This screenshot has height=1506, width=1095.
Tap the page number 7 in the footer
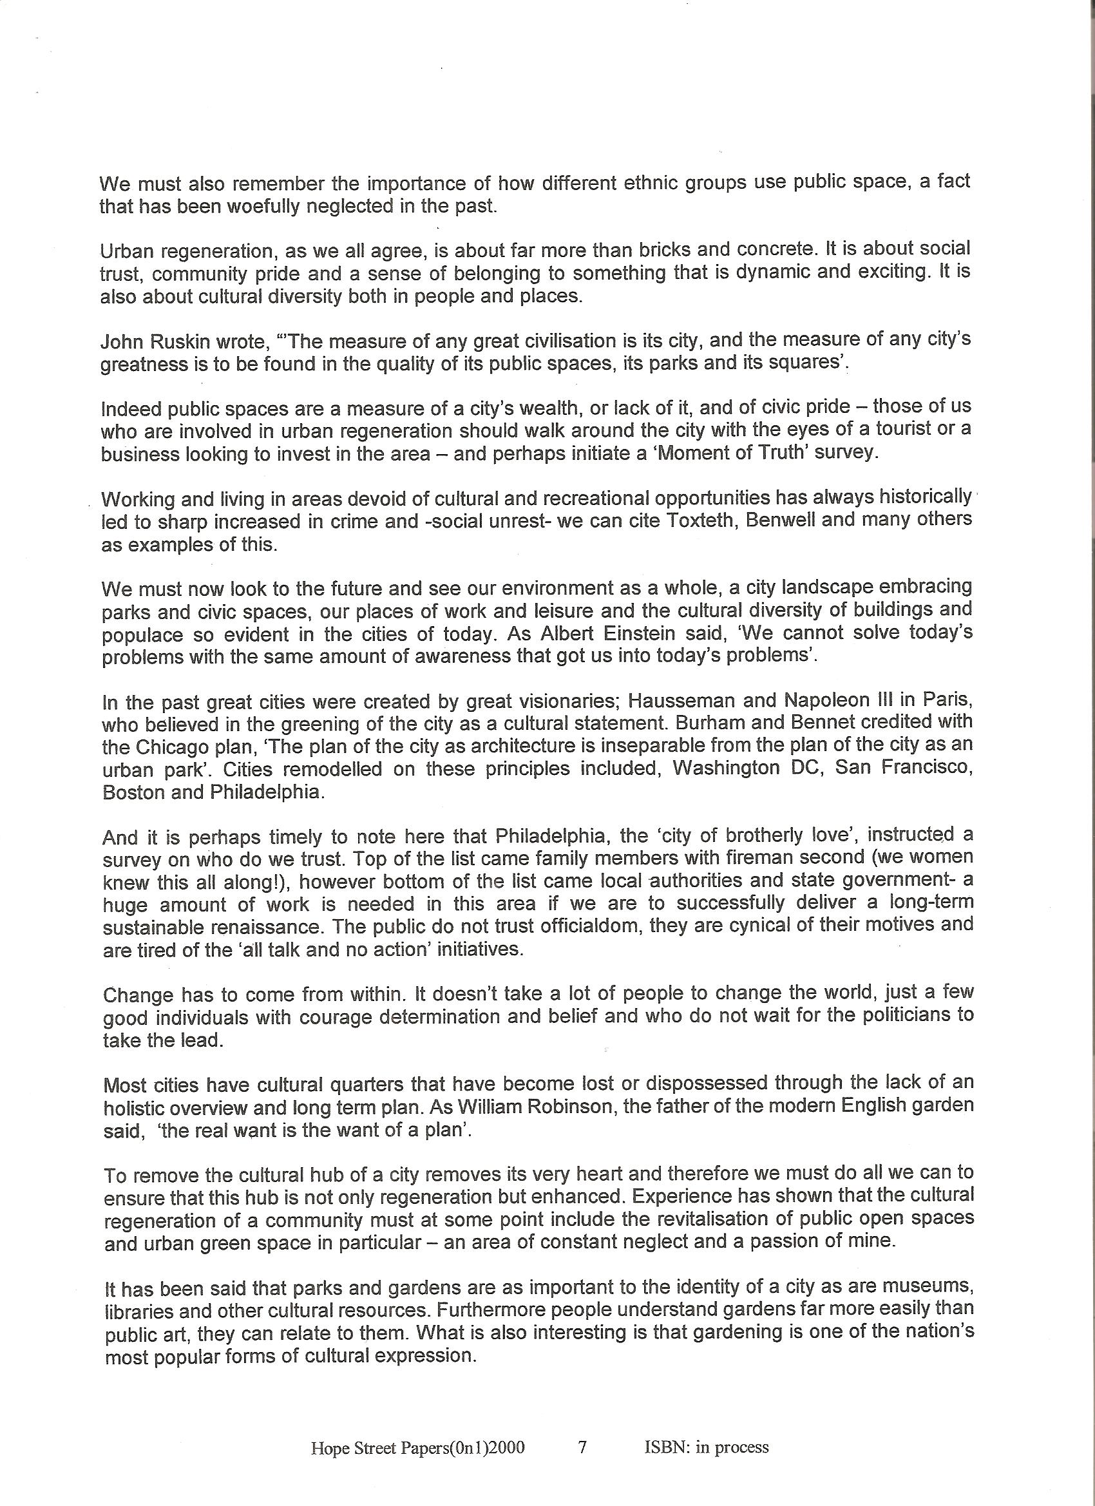582,1442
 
